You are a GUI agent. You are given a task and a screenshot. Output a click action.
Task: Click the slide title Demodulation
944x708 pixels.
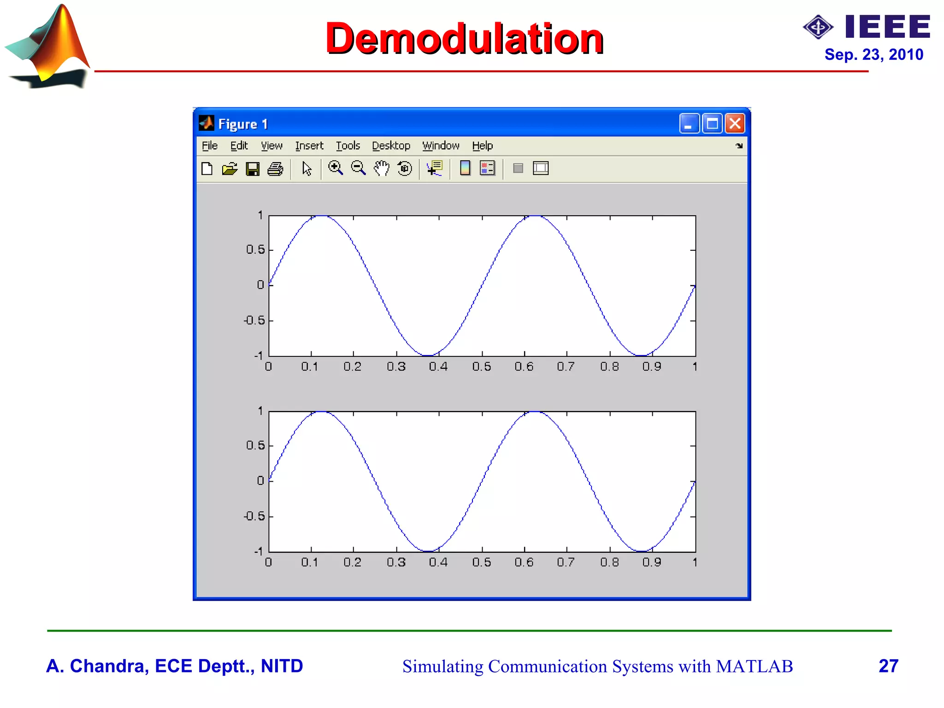click(464, 39)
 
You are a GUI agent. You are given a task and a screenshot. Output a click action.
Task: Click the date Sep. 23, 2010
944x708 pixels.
click(873, 55)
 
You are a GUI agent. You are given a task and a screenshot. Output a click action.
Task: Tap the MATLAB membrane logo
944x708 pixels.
click(48, 46)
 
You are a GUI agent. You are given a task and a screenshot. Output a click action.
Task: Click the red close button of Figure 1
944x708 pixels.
click(735, 124)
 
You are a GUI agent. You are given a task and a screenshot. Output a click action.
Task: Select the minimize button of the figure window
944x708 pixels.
click(689, 124)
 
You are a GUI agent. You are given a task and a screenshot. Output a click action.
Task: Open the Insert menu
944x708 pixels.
click(309, 146)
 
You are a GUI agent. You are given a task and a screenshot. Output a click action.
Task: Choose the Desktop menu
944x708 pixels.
click(391, 146)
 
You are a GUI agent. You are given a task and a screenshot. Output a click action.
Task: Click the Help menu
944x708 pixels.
click(482, 146)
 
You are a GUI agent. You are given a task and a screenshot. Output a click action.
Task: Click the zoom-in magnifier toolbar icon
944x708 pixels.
click(335, 168)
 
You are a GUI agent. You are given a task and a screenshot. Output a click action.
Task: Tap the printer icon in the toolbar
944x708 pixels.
click(275, 169)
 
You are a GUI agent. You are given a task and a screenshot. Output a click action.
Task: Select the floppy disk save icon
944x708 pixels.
click(252, 169)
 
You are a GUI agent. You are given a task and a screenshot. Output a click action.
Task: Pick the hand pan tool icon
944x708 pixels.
click(381, 168)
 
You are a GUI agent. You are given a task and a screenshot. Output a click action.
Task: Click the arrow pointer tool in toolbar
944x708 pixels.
click(307, 169)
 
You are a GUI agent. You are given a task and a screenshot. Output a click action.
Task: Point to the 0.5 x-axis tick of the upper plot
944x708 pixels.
click(482, 367)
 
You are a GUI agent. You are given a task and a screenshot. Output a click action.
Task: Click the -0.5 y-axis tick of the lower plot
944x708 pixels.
click(254, 516)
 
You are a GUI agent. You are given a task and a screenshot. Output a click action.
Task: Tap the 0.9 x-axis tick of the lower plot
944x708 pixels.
click(652, 562)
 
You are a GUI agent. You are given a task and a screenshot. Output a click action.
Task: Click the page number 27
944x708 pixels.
click(888, 666)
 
